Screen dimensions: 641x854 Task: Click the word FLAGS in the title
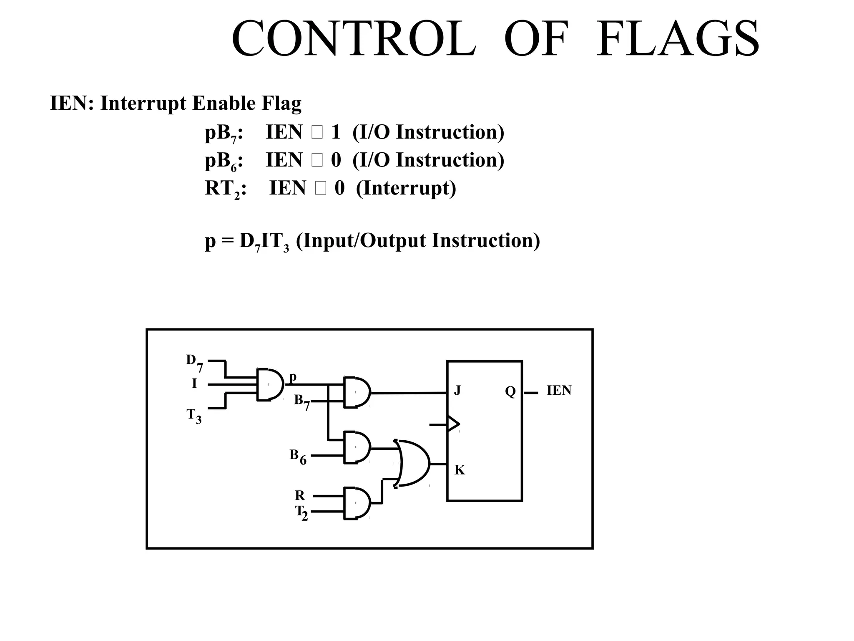click(678, 39)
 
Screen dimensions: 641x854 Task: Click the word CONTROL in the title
click(354, 39)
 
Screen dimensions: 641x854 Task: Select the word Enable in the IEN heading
click(224, 103)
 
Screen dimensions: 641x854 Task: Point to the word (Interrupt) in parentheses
click(406, 189)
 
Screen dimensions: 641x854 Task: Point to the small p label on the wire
click(293, 376)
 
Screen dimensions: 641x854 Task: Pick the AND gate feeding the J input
click(357, 392)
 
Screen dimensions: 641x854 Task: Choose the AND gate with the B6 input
click(357, 447)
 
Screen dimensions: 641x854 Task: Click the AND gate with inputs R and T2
click(357, 503)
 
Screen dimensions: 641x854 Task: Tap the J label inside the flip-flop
click(457, 391)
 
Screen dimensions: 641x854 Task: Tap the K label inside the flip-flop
click(460, 470)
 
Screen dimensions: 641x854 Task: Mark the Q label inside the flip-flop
click(510, 391)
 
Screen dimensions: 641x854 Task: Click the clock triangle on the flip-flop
click(453, 424)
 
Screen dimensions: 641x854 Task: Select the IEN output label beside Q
click(559, 391)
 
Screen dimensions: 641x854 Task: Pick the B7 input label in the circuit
click(301, 401)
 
